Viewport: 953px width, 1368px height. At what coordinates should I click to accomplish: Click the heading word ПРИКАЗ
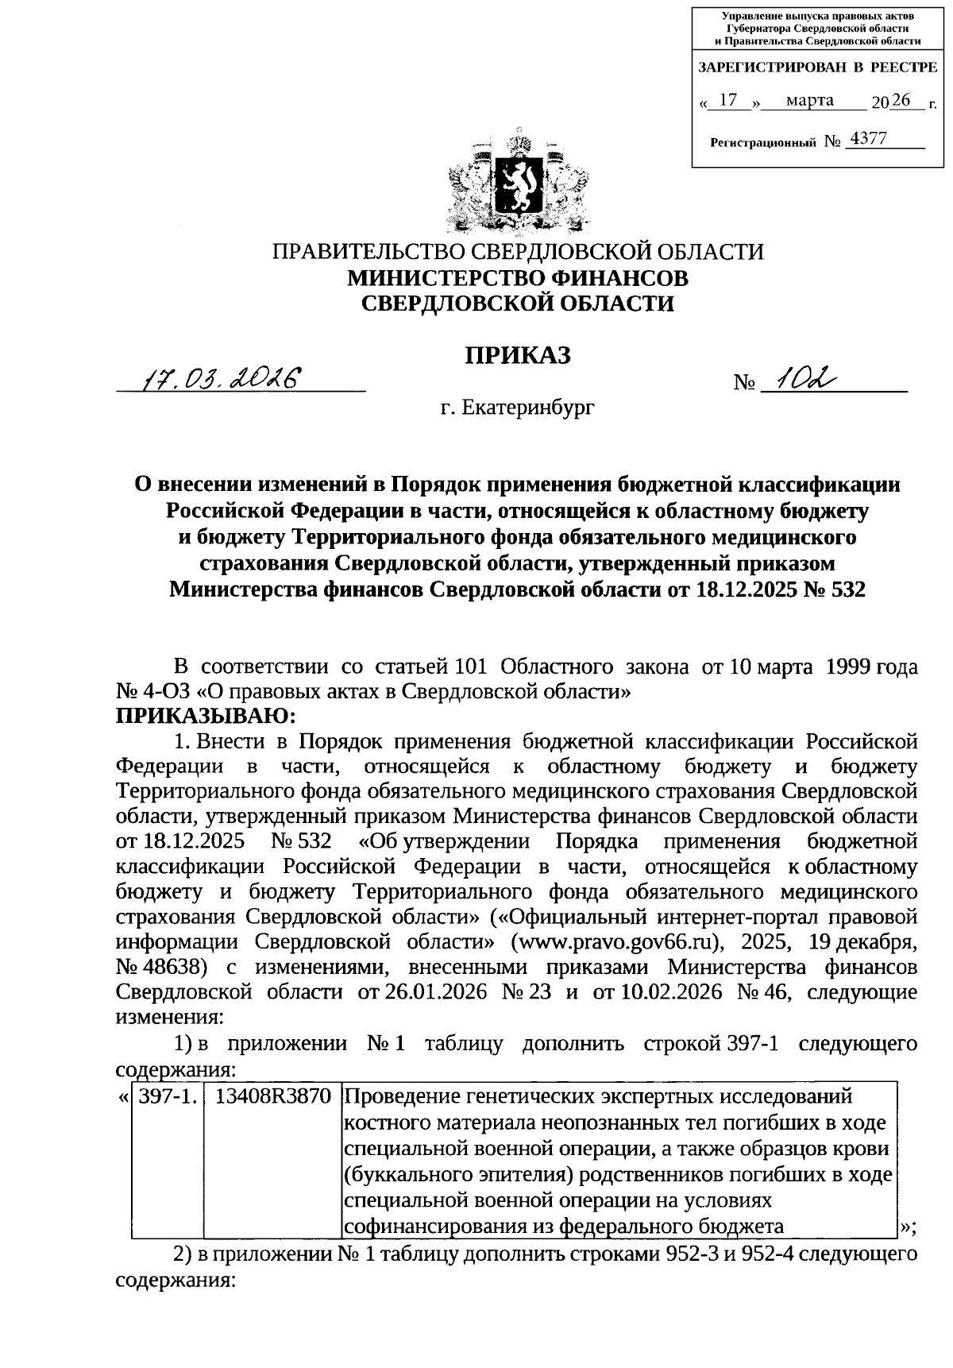[518, 355]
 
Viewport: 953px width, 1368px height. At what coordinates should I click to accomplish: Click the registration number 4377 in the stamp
[867, 140]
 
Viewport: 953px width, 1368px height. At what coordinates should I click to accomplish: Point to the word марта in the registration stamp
[809, 100]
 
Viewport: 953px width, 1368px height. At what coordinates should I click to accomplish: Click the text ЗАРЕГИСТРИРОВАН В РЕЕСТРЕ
[816, 68]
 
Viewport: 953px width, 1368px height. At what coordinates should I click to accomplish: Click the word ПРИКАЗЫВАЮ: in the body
[206, 716]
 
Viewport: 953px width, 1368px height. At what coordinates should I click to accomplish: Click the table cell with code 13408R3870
[272, 1097]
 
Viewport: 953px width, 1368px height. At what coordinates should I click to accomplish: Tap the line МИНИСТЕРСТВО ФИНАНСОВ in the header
[518, 277]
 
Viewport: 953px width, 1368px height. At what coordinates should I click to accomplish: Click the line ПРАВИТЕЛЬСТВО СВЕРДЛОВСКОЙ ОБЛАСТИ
[518, 252]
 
